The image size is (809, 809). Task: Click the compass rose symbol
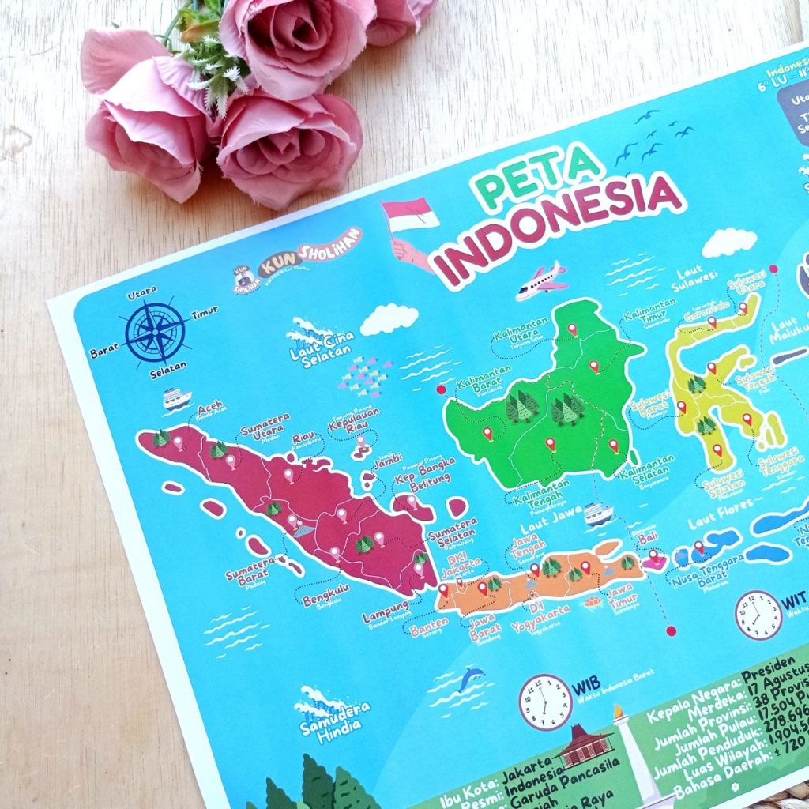coord(156,332)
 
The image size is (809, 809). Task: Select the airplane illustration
coord(542,280)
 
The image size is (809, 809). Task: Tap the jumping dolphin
coord(471,678)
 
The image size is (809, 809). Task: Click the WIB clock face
coord(545,702)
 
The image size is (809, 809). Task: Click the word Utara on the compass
coord(141,292)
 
